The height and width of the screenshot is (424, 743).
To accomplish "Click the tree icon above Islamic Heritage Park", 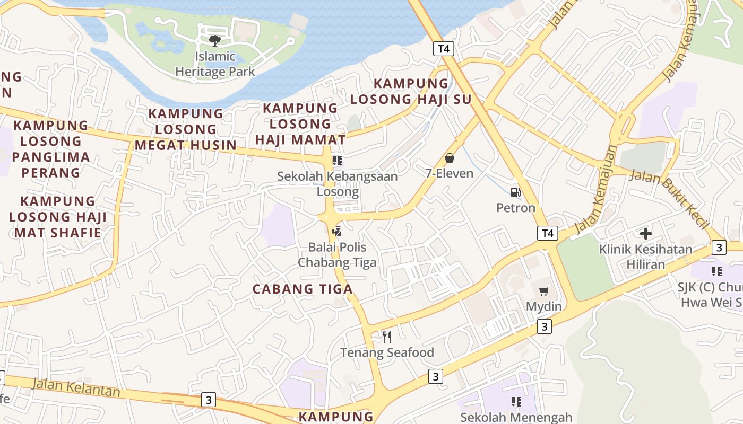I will click(x=215, y=40).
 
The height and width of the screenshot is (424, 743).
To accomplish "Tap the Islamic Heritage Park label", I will click(x=215, y=64).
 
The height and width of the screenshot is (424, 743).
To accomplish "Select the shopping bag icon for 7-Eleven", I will click(x=450, y=158).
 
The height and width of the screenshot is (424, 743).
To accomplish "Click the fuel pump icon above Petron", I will click(x=515, y=192).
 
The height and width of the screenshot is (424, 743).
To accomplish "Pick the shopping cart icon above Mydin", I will click(x=543, y=291).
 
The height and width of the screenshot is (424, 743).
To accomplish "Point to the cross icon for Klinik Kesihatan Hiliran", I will click(x=645, y=234).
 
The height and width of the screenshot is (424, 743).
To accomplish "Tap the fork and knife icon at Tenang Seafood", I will click(x=387, y=337).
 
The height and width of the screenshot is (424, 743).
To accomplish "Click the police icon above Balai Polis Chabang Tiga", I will click(x=336, y=231).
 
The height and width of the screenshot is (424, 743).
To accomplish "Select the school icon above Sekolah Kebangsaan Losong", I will click(x=337, y=160).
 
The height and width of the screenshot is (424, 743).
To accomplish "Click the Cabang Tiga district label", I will click(x=303, y=289).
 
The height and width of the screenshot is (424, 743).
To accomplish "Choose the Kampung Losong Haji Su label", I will click(x=411, y=91).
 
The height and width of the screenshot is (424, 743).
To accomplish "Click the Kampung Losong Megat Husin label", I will click(x=185, y=129).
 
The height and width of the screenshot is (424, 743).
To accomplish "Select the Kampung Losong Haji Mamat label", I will click(x=300, y=123).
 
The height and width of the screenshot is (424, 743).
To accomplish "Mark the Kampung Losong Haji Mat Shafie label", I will click(x=58, y=217).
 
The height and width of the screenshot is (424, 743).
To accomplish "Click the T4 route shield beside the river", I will click(x=444, y=49).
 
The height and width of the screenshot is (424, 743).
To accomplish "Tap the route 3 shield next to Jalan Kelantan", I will click(x=209, y=400).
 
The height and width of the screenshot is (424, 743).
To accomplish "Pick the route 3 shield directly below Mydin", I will click(x=544, y=326).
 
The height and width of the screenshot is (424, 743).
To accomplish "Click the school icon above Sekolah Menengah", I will click(x=516, y=402).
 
